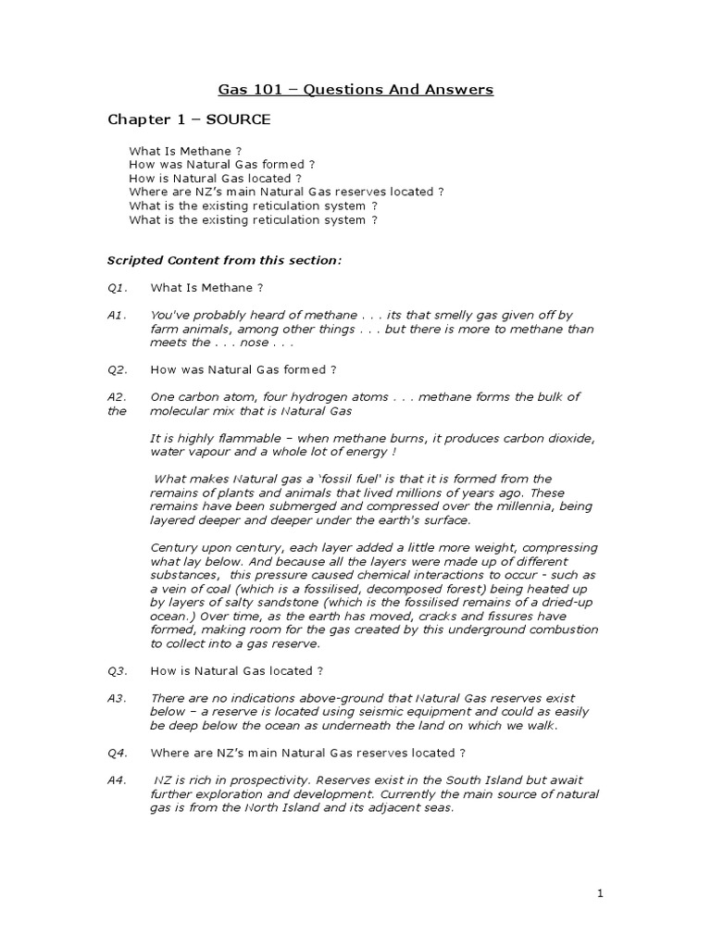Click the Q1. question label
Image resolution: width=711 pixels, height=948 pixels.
117,288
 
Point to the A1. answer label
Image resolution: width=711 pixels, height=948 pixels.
117,316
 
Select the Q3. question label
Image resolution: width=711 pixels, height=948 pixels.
117,670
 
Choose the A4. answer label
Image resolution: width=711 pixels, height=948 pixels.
117,780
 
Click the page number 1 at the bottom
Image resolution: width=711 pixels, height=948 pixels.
600,892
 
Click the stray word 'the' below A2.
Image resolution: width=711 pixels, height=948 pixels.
117,411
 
